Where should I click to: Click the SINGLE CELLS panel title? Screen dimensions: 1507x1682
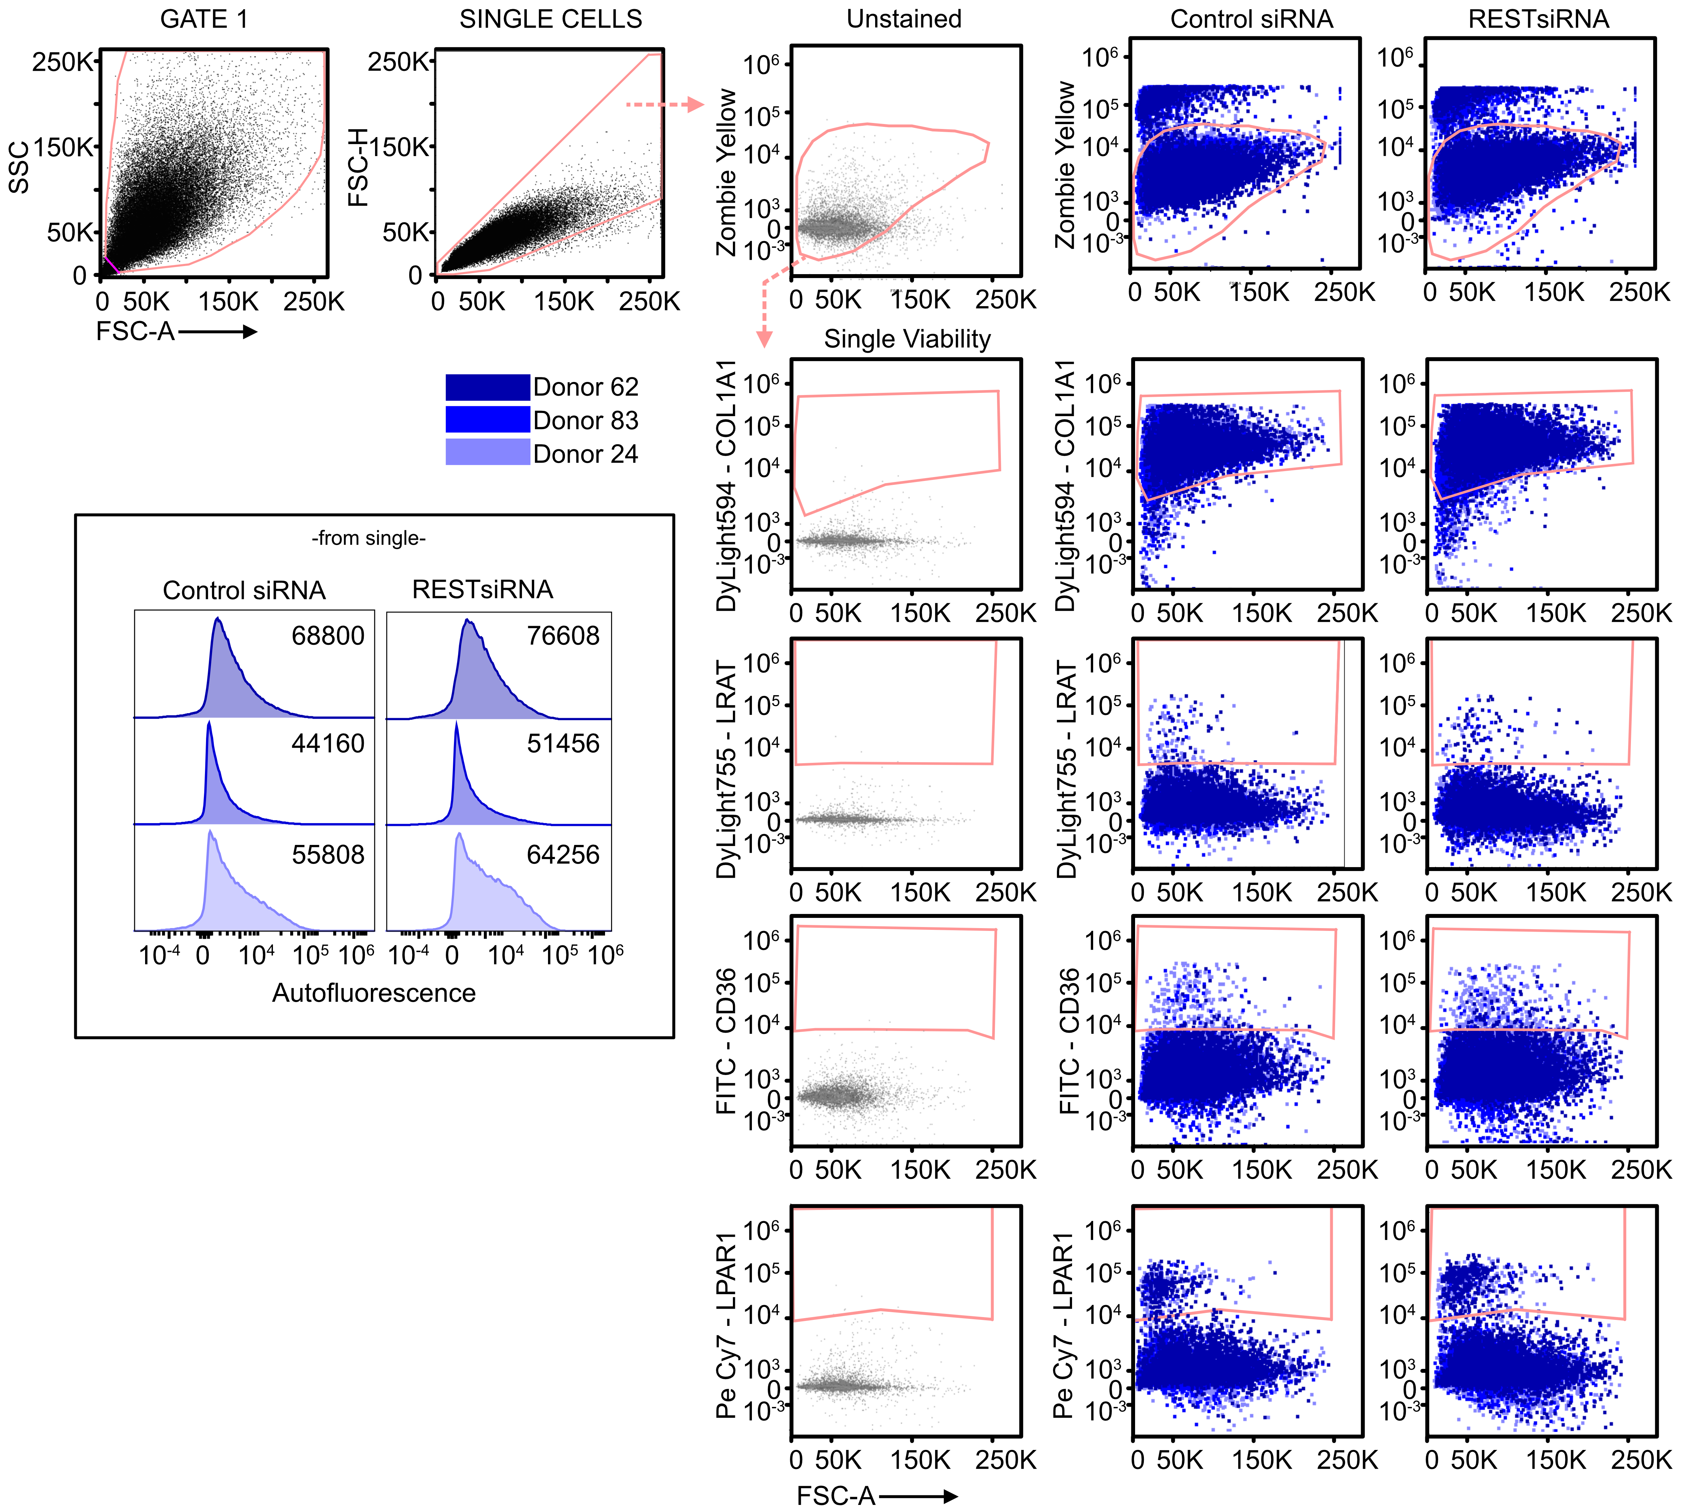(550, 19)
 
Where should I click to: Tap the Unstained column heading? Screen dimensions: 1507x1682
(904, 19)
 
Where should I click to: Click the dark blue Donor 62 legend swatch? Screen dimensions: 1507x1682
(487, 387)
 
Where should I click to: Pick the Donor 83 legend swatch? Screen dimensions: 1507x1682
(487, 420)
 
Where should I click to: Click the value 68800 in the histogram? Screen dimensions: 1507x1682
(328, 636)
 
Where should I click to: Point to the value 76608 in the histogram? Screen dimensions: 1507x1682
(563, 636)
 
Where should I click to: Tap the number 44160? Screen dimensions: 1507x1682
(328, 743)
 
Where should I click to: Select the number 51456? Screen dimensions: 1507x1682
(563, 743)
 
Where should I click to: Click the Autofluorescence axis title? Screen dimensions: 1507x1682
(374, 993)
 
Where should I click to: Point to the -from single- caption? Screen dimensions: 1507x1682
(369, 538)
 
